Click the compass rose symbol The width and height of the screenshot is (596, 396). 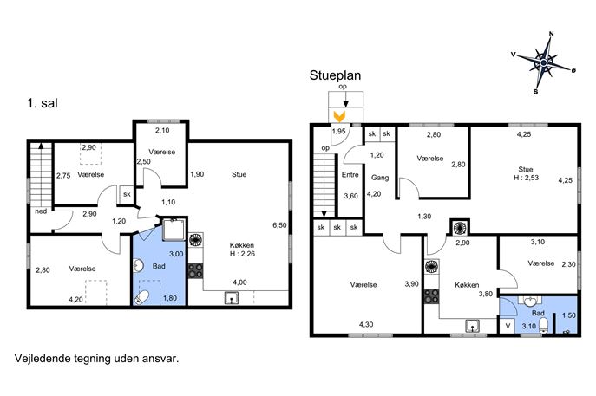(544, 62)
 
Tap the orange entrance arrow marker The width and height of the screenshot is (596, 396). (339, 116)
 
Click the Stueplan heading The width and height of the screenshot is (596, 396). (335, 75)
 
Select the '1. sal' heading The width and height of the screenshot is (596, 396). (43, 103)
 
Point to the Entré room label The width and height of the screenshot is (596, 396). (350, 175)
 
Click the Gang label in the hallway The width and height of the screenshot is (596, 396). (380, 178)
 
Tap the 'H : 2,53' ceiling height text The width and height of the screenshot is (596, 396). (526, 178)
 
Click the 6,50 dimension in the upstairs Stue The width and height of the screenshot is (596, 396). (279, 225)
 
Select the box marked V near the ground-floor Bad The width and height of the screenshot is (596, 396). (508, 326)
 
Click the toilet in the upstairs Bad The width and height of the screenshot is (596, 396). (141, 297)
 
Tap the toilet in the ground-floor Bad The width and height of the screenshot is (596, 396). (544, 326)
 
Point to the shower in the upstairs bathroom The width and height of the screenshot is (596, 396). (174, 230)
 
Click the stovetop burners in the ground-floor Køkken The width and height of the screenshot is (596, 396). (431, 295)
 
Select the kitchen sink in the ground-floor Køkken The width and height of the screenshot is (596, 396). (472, 326)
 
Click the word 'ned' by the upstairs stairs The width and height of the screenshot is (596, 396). (41, 211)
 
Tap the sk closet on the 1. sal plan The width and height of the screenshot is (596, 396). (127, 194)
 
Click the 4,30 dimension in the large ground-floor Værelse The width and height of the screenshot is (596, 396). (366, 325)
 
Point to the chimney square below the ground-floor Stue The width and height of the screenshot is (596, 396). (460, 227)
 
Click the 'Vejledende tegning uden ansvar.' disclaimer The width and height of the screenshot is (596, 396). (96, 359)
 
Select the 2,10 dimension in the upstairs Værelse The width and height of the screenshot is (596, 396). (162, 130)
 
